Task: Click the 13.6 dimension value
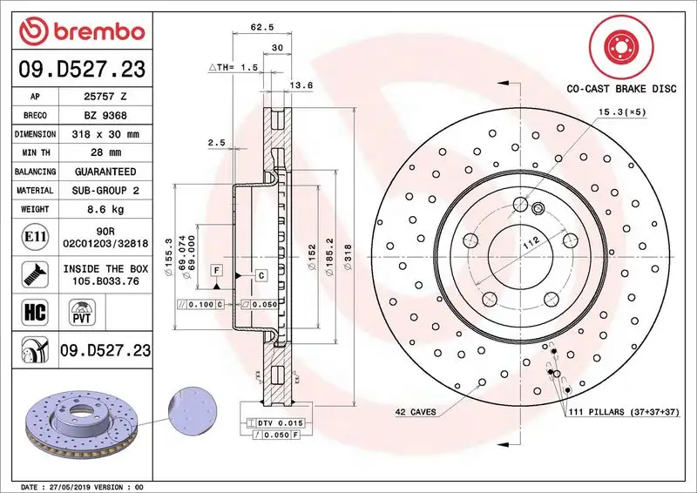tap(301, 84)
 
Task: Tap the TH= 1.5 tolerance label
tap(234, 66)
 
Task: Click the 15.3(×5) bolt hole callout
tap(620, 111)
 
